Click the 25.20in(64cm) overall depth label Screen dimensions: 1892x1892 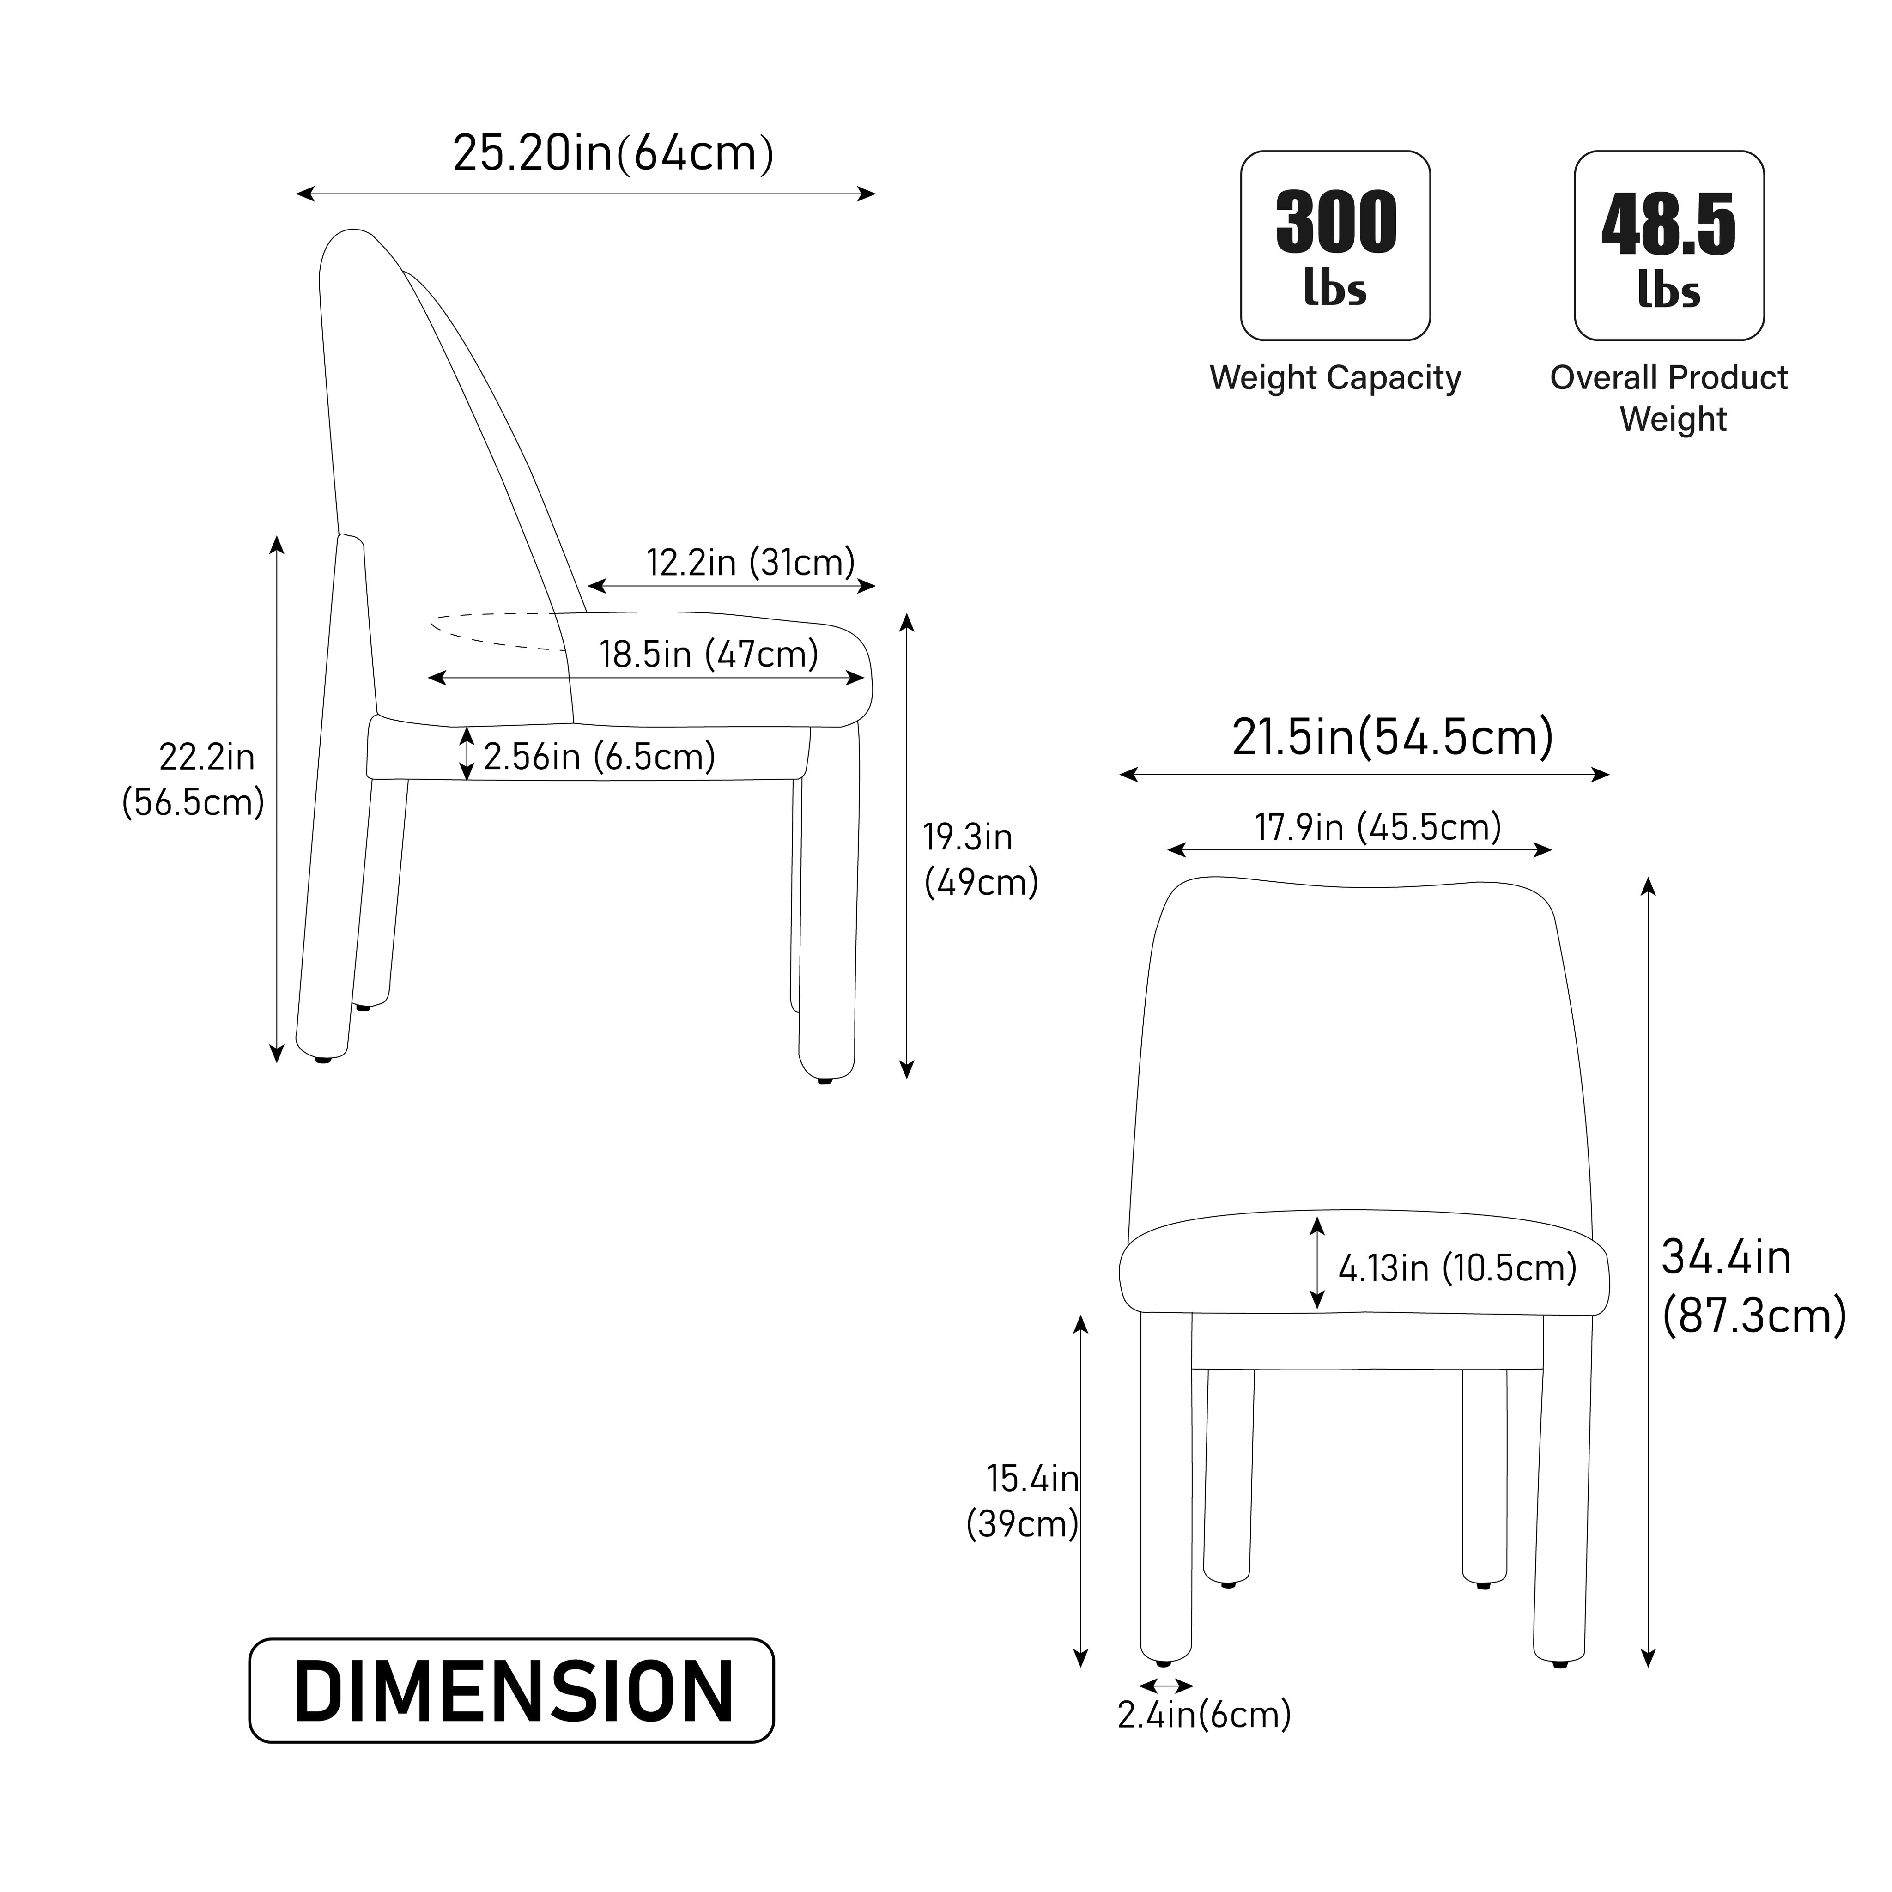coord(613,154)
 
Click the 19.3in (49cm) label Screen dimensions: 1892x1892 coord(980,860)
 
